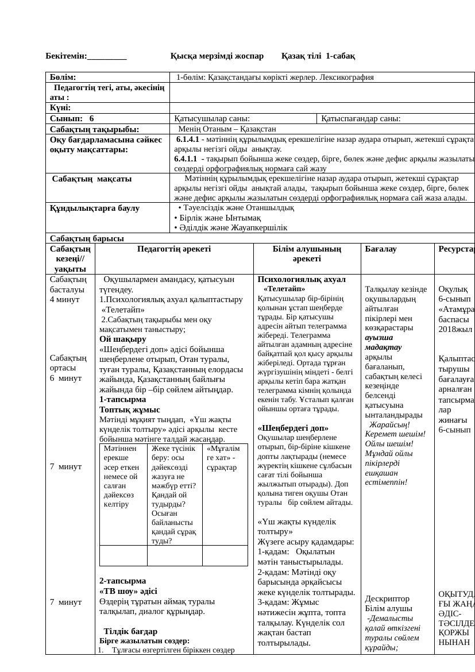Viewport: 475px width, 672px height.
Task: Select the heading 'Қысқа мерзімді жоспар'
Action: pyautogui.click(x=217, y=56)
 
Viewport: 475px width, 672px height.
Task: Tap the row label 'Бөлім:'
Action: pyautogui.click(x=63, y=77)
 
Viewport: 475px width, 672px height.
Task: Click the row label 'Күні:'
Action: pyautogui.click(x=60, y=107)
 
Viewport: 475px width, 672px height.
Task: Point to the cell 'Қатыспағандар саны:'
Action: pyautogui.click(x=361, y=119)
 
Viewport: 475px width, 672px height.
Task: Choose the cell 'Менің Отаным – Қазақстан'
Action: pyautogui.click(x=227, y=129)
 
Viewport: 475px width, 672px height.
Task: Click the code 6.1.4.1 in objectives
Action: pyautogui.click(x=188, y=140)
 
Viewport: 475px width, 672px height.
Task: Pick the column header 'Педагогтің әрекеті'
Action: pyautogui.click(x=174, y=249)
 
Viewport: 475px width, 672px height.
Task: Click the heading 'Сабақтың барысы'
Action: pyautogui.click(x=87, y=238)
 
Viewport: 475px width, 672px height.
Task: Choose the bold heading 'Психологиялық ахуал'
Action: pyautogui.click(x=302, y=279)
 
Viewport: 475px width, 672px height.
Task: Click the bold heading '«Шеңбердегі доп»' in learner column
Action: pyautogui.click(x=293, y=428)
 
